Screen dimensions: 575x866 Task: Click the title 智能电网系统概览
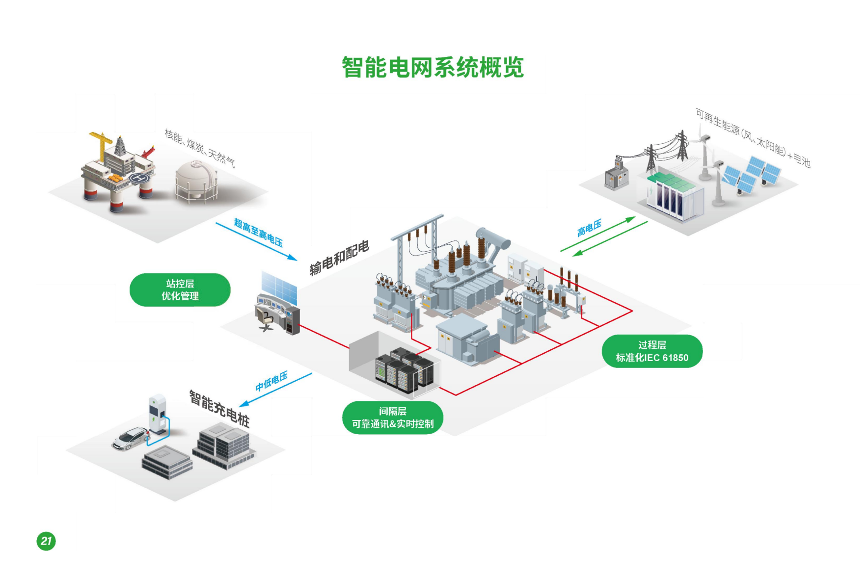[433, 67]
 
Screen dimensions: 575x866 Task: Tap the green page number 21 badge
[46, 541]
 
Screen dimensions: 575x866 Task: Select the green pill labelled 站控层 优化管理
[180, 290]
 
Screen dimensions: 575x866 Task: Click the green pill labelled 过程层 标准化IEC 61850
[652, 351]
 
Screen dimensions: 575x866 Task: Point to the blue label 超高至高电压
[258, 233]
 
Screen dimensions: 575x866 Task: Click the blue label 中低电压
[271, 381]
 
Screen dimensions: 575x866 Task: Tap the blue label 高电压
[589, 228]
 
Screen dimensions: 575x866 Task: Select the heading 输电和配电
[339, 258]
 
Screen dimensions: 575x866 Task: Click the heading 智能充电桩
[219, 409]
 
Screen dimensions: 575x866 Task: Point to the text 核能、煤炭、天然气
[199, 148]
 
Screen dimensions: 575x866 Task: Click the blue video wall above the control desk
[279, 287]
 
